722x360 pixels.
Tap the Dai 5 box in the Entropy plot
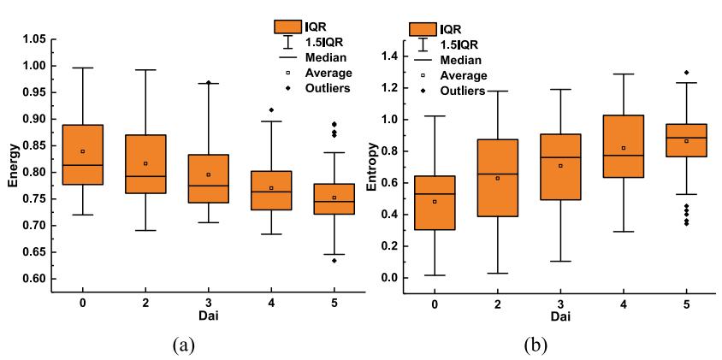(x=686, y=140)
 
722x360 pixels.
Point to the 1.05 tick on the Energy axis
(x=33, y=39)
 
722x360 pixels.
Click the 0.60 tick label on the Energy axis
(x=33, y=279)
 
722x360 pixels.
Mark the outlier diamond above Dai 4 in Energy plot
(x=272, y=109)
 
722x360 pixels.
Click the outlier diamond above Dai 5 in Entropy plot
(x=686, y=73)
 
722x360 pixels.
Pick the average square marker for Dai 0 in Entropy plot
(x=435, y=202)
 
